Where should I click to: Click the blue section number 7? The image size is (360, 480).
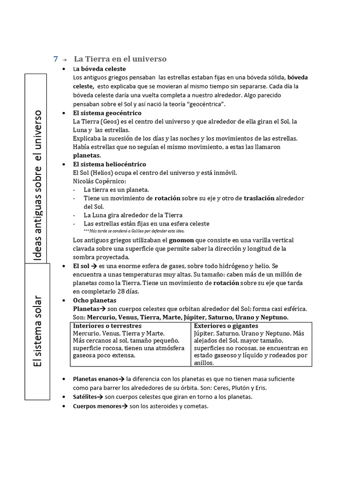(56, 59)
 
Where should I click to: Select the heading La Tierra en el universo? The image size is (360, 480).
(120, 59)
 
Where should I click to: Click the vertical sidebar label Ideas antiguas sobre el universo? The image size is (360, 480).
(38, 186)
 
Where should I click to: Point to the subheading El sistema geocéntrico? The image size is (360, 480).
(107, 113)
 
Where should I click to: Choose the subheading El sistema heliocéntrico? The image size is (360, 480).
(109, 164)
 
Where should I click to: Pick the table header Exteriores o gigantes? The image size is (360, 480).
(226, 326)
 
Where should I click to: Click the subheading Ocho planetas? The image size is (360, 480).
(95, 300)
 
